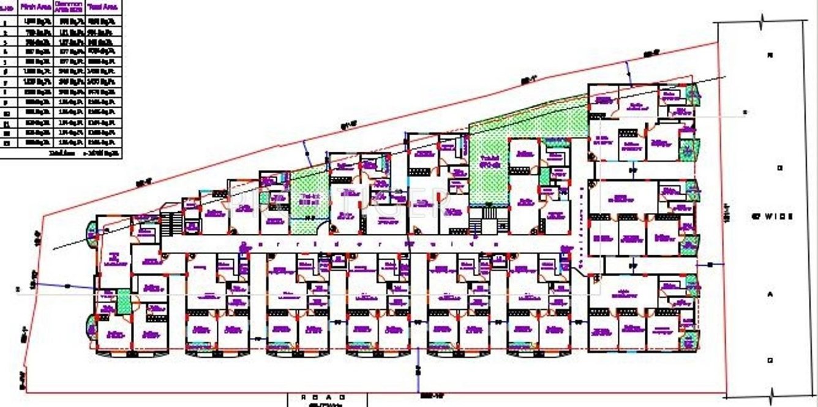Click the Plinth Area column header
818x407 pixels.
click(x=36, y=7)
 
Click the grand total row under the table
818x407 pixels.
click(x=86, y=152)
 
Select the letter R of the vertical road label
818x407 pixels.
click(x=770, y=55)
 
